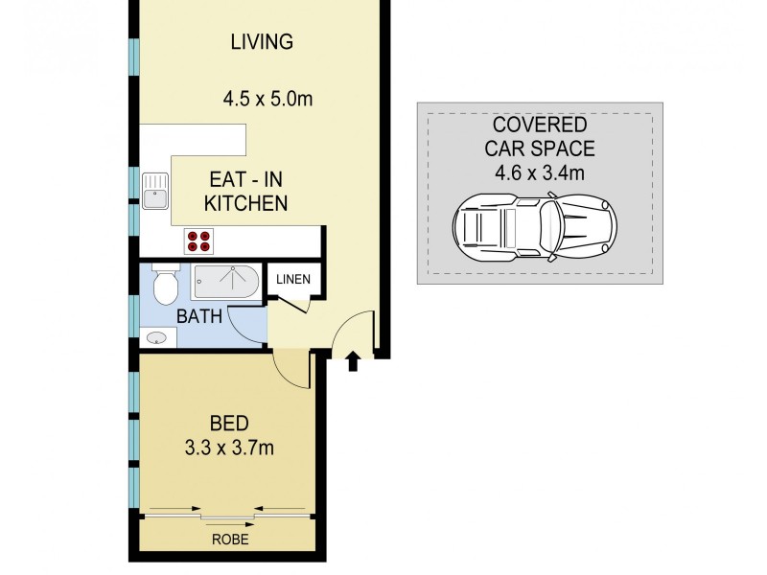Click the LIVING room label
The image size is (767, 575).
261,42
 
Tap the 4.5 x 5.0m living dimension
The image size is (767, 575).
267,98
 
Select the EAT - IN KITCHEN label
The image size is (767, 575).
248,191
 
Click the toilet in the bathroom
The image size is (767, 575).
164,283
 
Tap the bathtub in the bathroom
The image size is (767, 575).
224,282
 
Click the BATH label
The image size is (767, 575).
199,315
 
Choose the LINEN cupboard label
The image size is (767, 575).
293,280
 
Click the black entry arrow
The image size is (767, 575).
352,361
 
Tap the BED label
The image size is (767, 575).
229,423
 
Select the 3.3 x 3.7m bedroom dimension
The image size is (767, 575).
229,447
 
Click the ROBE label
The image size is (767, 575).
229,540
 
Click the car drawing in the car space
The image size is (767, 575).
535,227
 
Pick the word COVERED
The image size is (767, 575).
539,125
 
